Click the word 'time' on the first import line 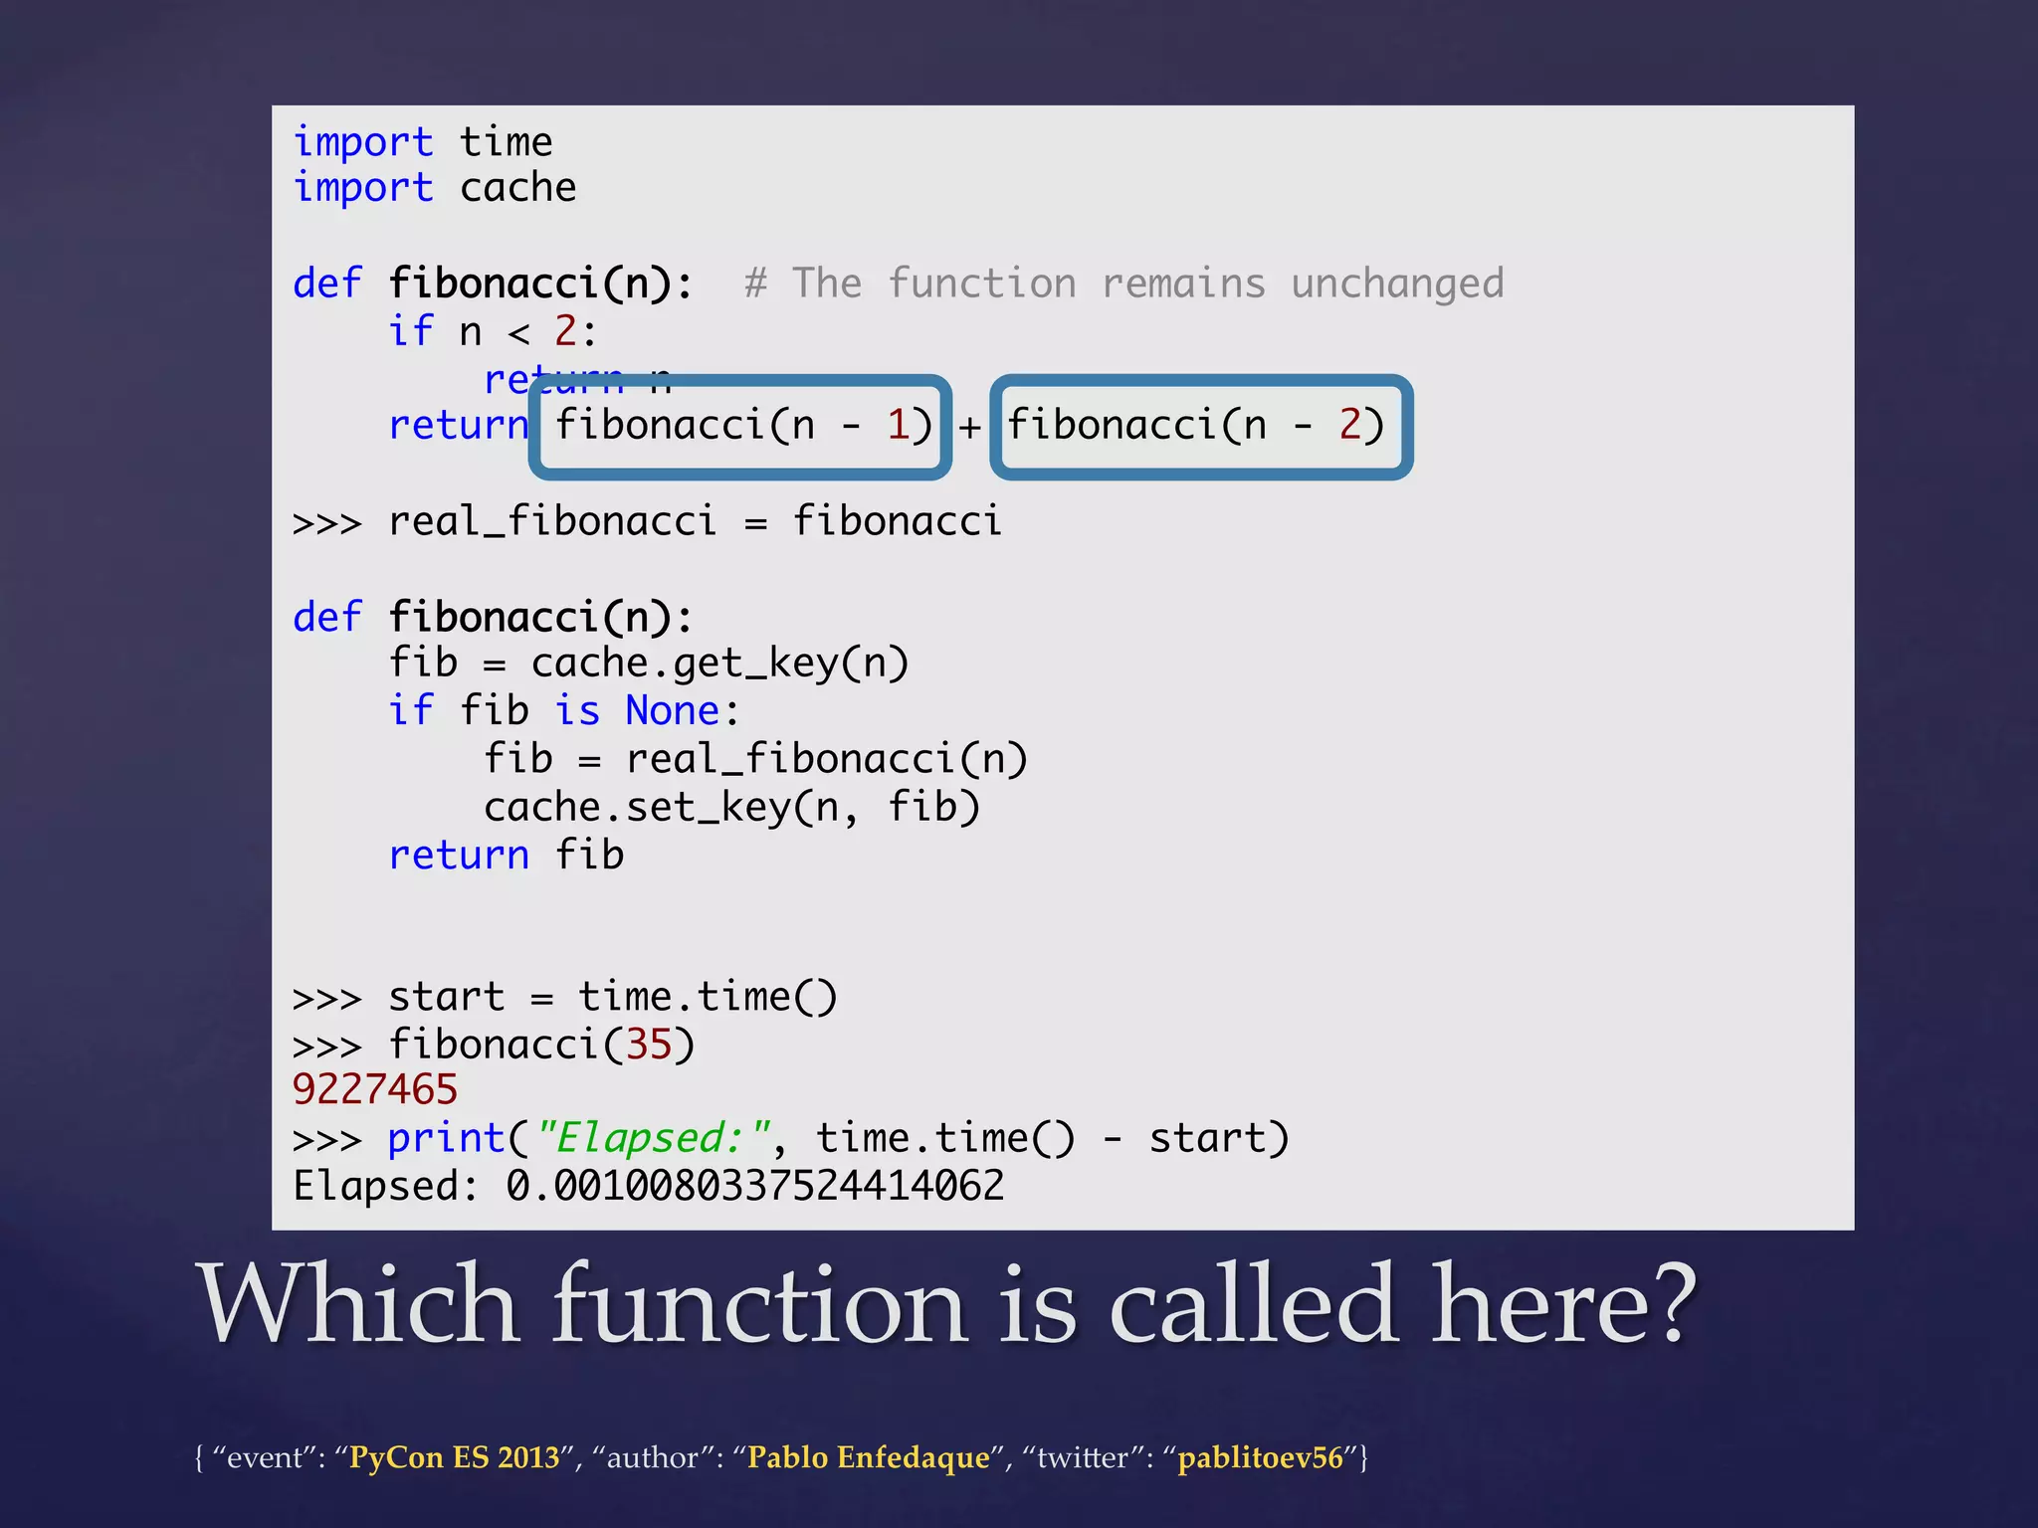(506, 143)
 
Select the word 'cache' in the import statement (517, 189)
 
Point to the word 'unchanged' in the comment (1397, 285)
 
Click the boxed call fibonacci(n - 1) (741, 427)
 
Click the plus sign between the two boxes (970, 429)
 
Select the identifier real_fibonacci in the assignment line (552, 522)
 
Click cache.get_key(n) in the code (719, 664)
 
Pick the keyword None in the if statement (673, 711)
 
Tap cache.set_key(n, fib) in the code (731, 808)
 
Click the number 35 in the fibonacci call (649, 1046)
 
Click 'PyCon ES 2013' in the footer (455, 1458)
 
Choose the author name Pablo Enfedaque (869, 1458)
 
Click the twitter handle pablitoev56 (1261, 1458)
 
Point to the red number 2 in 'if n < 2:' (565, 331)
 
